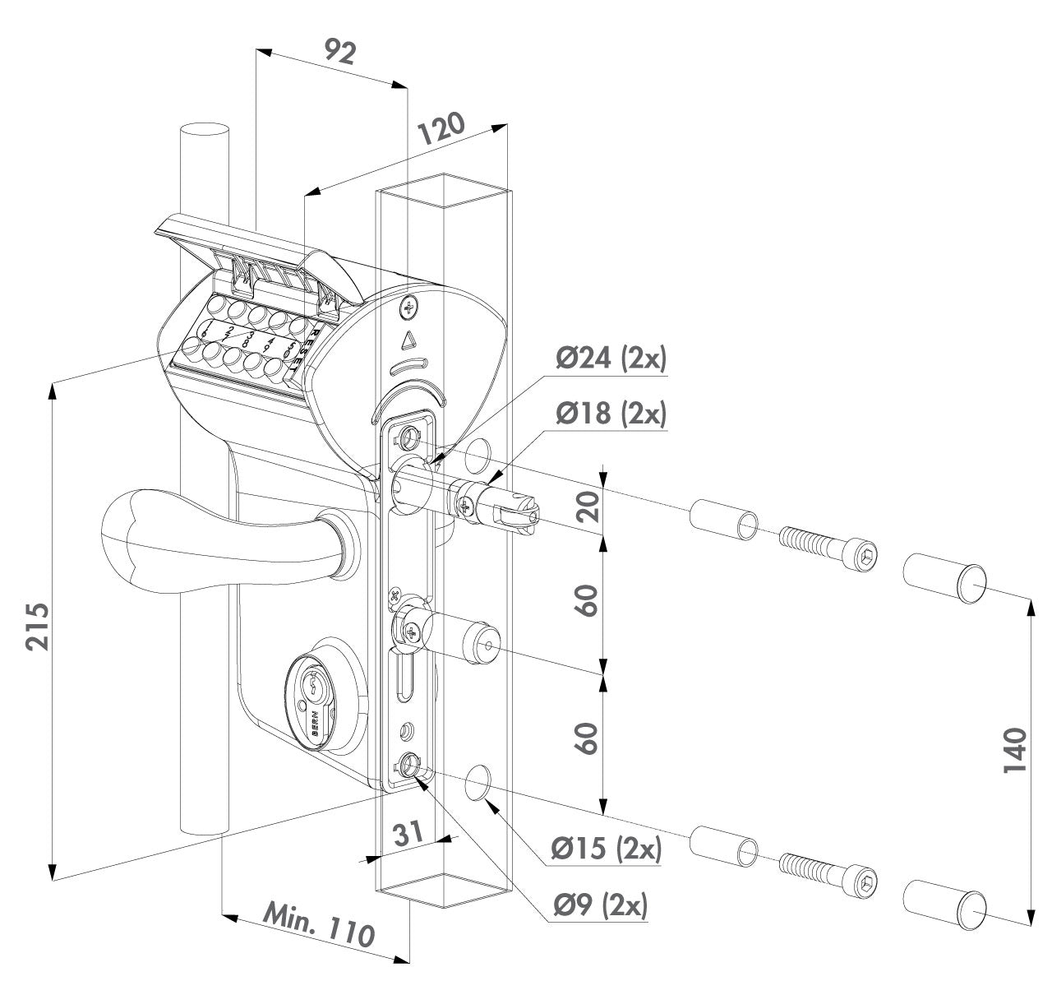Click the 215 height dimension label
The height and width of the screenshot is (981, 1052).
tap(37, 627)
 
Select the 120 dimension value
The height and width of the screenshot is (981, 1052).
tap(441, 132)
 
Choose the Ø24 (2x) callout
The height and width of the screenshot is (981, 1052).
tap(610, 359)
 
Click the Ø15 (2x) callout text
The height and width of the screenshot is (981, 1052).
tap(607, 849)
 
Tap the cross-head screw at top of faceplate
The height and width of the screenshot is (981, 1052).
tap(408, 308)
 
